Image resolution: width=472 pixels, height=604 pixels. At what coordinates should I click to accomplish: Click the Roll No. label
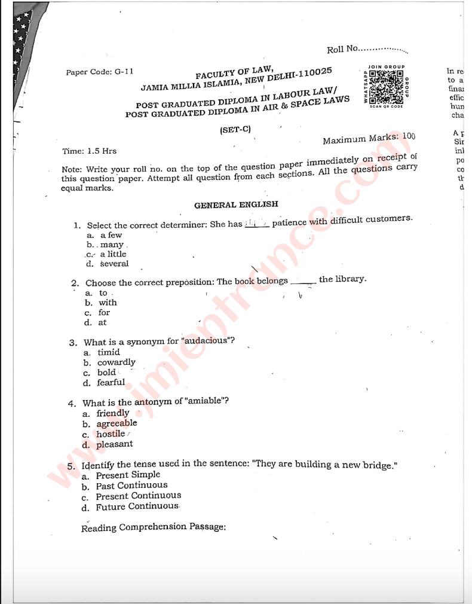[342, 50]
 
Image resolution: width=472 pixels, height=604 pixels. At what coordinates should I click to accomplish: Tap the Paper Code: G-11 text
[100, 72]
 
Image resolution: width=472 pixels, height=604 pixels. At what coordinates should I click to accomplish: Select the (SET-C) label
[235, 129]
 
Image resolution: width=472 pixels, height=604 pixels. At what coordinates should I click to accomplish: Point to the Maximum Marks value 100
[408, 136]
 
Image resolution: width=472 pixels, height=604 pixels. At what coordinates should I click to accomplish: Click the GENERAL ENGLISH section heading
[236, 205]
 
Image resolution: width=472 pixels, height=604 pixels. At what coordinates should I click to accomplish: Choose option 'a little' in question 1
[113, 254]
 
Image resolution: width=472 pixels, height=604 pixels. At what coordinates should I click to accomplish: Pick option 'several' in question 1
[114, 264]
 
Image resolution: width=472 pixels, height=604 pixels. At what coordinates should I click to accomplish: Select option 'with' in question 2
[108, 303]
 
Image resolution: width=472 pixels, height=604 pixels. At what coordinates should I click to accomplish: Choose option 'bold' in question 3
[106, 373]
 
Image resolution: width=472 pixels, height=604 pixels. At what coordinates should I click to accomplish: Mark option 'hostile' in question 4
[111, 434]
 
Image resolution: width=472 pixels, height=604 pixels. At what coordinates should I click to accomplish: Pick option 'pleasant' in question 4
[115, 444]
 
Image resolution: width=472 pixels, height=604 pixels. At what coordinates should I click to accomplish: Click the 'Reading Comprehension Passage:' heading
[154, 527]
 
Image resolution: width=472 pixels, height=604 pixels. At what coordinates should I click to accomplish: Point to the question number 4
[72, 403]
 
